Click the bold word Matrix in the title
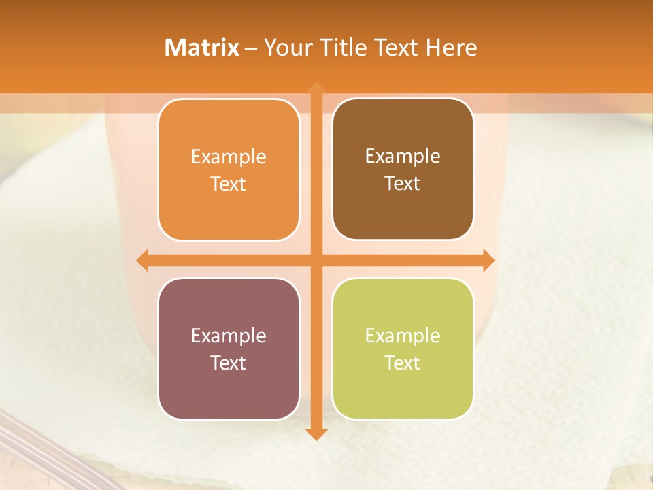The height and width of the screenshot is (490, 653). (202, 48)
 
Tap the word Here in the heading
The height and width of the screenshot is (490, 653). (451, 48)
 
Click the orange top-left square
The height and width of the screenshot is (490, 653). (229, 169)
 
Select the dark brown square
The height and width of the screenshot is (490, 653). (403, 169)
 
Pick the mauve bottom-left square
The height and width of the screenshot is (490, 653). (229, 348)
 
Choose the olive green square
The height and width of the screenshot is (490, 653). (403, 348)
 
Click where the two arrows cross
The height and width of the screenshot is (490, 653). (316, 260)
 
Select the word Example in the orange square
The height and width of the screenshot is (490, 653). (229, 157)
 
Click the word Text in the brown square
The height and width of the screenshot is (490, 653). (403, 184)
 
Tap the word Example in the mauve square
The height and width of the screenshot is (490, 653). (229, 336)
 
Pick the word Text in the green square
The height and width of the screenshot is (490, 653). (403, 363)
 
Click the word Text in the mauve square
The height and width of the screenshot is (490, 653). (229, 363)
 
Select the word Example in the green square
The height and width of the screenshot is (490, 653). (403, 336)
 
